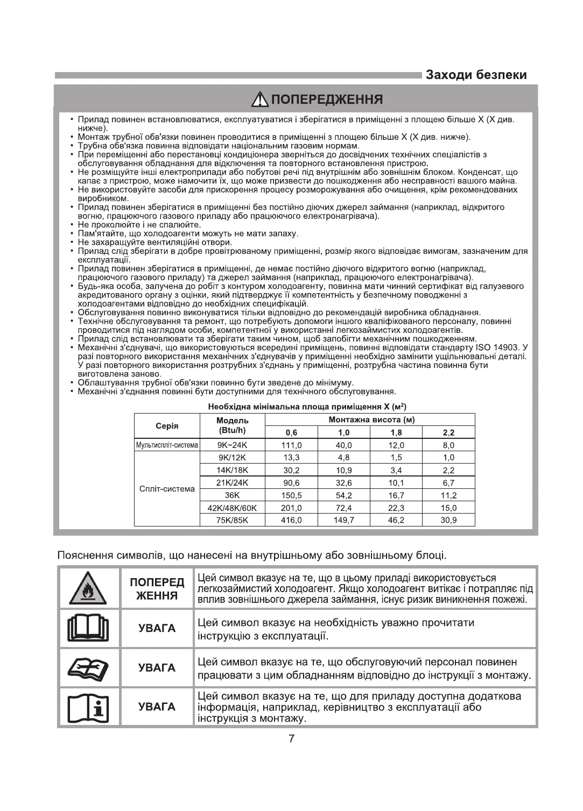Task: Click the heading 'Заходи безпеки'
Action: coord(476,75)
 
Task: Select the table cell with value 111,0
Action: coord(291,445)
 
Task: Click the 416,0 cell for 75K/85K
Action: coord(291,520)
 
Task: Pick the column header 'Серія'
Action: coord(167,426)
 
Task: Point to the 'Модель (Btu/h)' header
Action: coord(232,425)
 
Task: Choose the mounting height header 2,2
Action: coord(448,432)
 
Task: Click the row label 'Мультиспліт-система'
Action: coord(167,445)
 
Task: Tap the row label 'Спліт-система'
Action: coord(167,489)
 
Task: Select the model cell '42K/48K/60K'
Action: coord(232,508)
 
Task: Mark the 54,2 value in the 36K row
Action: coord(343,495)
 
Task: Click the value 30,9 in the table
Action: coord(448,520)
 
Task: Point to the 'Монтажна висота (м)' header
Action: coord(371,419)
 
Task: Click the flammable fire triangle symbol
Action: coord(89,588)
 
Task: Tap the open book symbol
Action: coord(89,628)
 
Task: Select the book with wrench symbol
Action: coord(89,667)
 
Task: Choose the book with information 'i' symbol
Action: coord(89,707)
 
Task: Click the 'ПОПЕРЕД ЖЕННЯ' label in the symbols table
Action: coord(157,588)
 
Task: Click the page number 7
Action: coord(291,738)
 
